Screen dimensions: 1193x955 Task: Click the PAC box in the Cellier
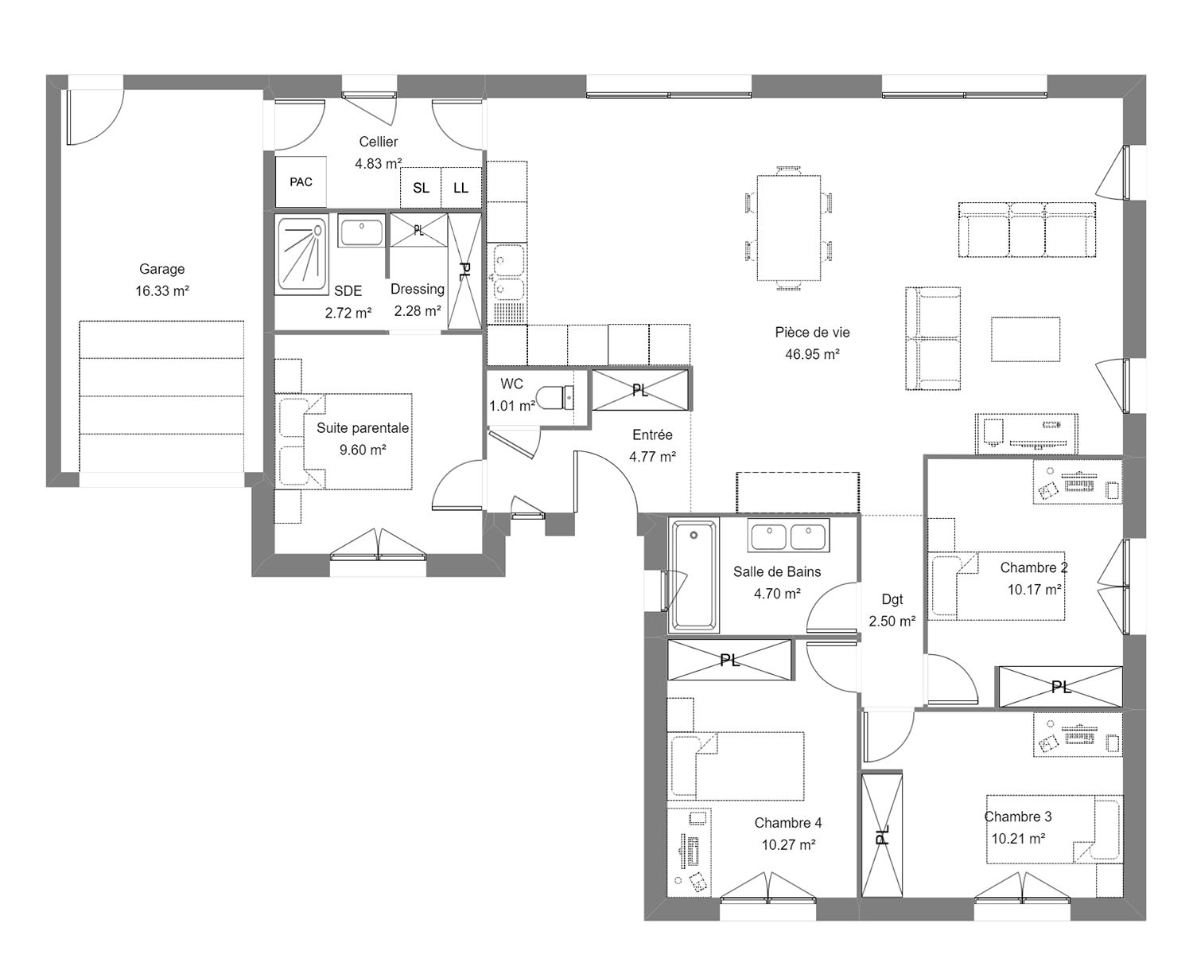[301, 181]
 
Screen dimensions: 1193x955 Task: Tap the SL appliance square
[421, 188]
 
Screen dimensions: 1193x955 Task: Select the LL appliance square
[461, 188]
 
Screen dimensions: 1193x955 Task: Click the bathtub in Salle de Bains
[694, 574]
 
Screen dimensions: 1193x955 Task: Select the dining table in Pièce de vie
[788, 228]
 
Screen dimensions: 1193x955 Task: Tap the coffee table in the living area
[1025, 339]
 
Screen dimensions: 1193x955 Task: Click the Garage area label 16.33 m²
[162, 290]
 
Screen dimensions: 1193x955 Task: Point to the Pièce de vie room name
[812, 333]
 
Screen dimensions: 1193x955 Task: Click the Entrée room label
[652, 435]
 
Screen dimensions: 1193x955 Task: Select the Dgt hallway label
[892, 599]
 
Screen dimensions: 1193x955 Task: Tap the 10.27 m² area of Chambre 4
[788, 844]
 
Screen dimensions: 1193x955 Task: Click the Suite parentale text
[363, 428]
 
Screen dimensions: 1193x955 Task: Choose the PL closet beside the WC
[640, 390]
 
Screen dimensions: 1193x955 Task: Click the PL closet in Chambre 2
[1060, 687]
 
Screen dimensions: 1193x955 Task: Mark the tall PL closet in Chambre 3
[881, 835]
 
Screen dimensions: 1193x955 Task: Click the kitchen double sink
[507, 273]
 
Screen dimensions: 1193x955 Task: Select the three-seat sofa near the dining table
[1028, 230]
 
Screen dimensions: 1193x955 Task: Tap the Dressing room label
[418, 289]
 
